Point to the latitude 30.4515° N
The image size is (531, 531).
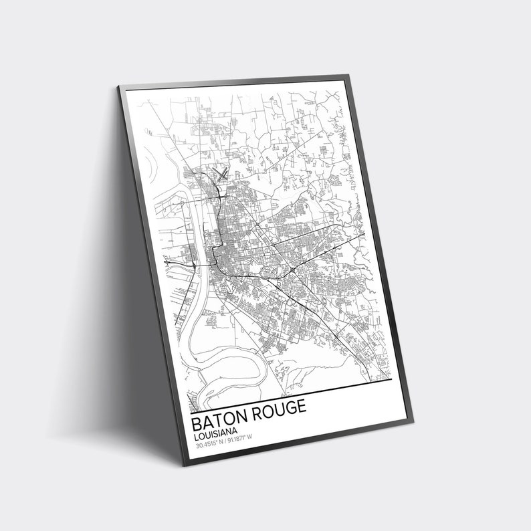tap(213, 441)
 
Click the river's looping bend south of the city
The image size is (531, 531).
tap(221, 348)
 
